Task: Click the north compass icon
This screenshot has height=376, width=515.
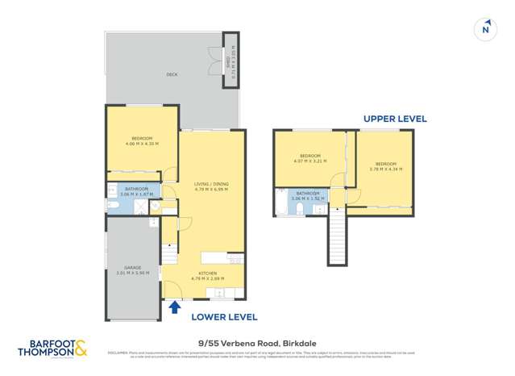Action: pos(485,29)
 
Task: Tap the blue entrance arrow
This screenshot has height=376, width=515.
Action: pos(174,307)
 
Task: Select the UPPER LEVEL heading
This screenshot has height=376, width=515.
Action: pos(394,119)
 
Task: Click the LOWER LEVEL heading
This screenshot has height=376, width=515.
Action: pos(224,317)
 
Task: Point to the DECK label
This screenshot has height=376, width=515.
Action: pos(172,74)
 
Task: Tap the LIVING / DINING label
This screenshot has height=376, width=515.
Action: pos(211,185)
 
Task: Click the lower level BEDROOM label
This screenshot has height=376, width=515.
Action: pos(142,139)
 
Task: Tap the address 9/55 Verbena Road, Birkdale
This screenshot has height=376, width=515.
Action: pos(257,341)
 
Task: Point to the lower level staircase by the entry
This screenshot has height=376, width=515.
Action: pos(169,256)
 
